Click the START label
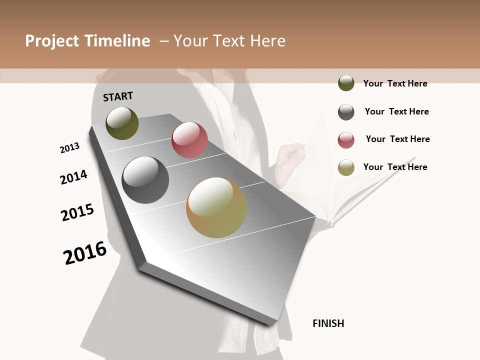[x=118, y=96]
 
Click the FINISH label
[x=328, y=323]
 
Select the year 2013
[x=69, y=148]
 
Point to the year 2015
[x=77, y=212]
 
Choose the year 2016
[x=85, y=253]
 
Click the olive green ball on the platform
[x=122, y=123]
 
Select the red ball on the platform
[x=189, y=140]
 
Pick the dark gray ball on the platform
[x=145, y=180]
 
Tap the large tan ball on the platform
[x=216, y=207]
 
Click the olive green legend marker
[x=346, y=83]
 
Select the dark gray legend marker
[x=346, y=112]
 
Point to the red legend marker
[x=346, y=140]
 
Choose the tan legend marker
[x=346, y=167]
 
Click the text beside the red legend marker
[x=397, y=139]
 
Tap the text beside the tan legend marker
[x=395, y=167]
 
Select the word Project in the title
[x=52, y=41]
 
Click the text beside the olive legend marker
[x=395, y=83]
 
